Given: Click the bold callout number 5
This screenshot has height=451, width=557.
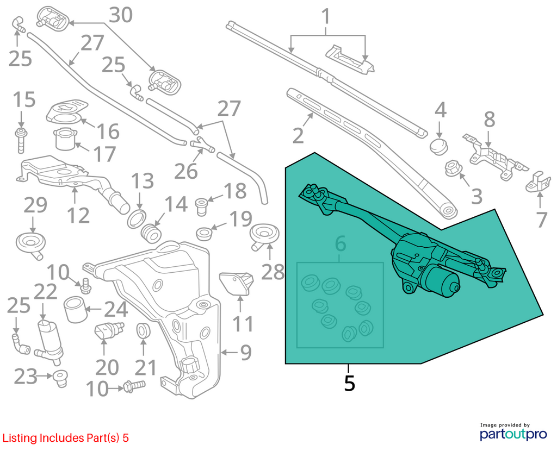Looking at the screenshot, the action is (x=350, y=383).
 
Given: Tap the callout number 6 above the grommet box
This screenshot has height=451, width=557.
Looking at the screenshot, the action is (x=341, y=245).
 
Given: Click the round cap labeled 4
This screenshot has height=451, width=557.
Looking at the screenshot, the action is (x=440, y=147).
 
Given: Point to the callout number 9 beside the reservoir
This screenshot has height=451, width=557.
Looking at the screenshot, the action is (x=246, y=352).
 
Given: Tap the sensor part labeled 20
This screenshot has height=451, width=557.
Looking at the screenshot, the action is (x=109, y=331).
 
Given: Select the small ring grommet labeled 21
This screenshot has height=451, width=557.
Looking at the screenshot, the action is (x=144, y=331).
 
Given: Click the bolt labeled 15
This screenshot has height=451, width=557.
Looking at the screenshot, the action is (x=21, y=141).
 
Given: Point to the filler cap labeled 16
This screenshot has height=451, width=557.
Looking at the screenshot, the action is (x=67, y=111).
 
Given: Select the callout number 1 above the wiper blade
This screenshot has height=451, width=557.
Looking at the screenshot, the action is (x=325, y=17).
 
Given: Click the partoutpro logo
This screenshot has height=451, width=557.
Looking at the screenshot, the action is (x=513, y=434).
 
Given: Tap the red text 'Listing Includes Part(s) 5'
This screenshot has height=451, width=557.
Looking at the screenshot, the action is (x=66, y=438).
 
